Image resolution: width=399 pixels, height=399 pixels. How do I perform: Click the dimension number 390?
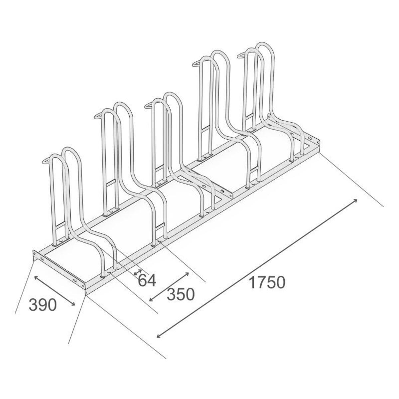[x=43, y=305]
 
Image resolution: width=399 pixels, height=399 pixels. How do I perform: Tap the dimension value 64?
[x=147, y=280]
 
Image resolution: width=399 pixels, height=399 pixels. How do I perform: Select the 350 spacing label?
[x=180, y=294]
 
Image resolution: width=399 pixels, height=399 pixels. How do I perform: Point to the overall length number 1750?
[x=267, y=282]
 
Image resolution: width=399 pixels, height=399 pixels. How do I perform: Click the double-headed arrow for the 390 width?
[x=55, y=290]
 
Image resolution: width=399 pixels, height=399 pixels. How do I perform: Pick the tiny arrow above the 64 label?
[x=138, y=272]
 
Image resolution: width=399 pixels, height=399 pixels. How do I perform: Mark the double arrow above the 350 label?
[x=169, y=287]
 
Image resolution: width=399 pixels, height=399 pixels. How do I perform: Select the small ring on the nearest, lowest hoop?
[x=47, y=162]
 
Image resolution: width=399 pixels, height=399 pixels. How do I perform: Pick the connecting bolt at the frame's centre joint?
[x=222, y=191]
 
